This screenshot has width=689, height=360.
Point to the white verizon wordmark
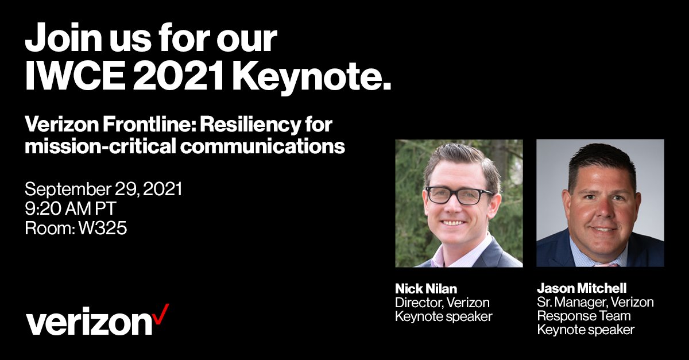tap(90, 323)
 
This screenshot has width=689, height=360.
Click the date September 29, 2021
tap(103, 189)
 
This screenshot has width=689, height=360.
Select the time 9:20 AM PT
tap(71, 209)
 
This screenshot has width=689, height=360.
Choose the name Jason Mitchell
tap(582, 288)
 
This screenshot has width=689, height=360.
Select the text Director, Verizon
tap(442, 302)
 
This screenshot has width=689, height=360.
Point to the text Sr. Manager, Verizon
tap(595, 302)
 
